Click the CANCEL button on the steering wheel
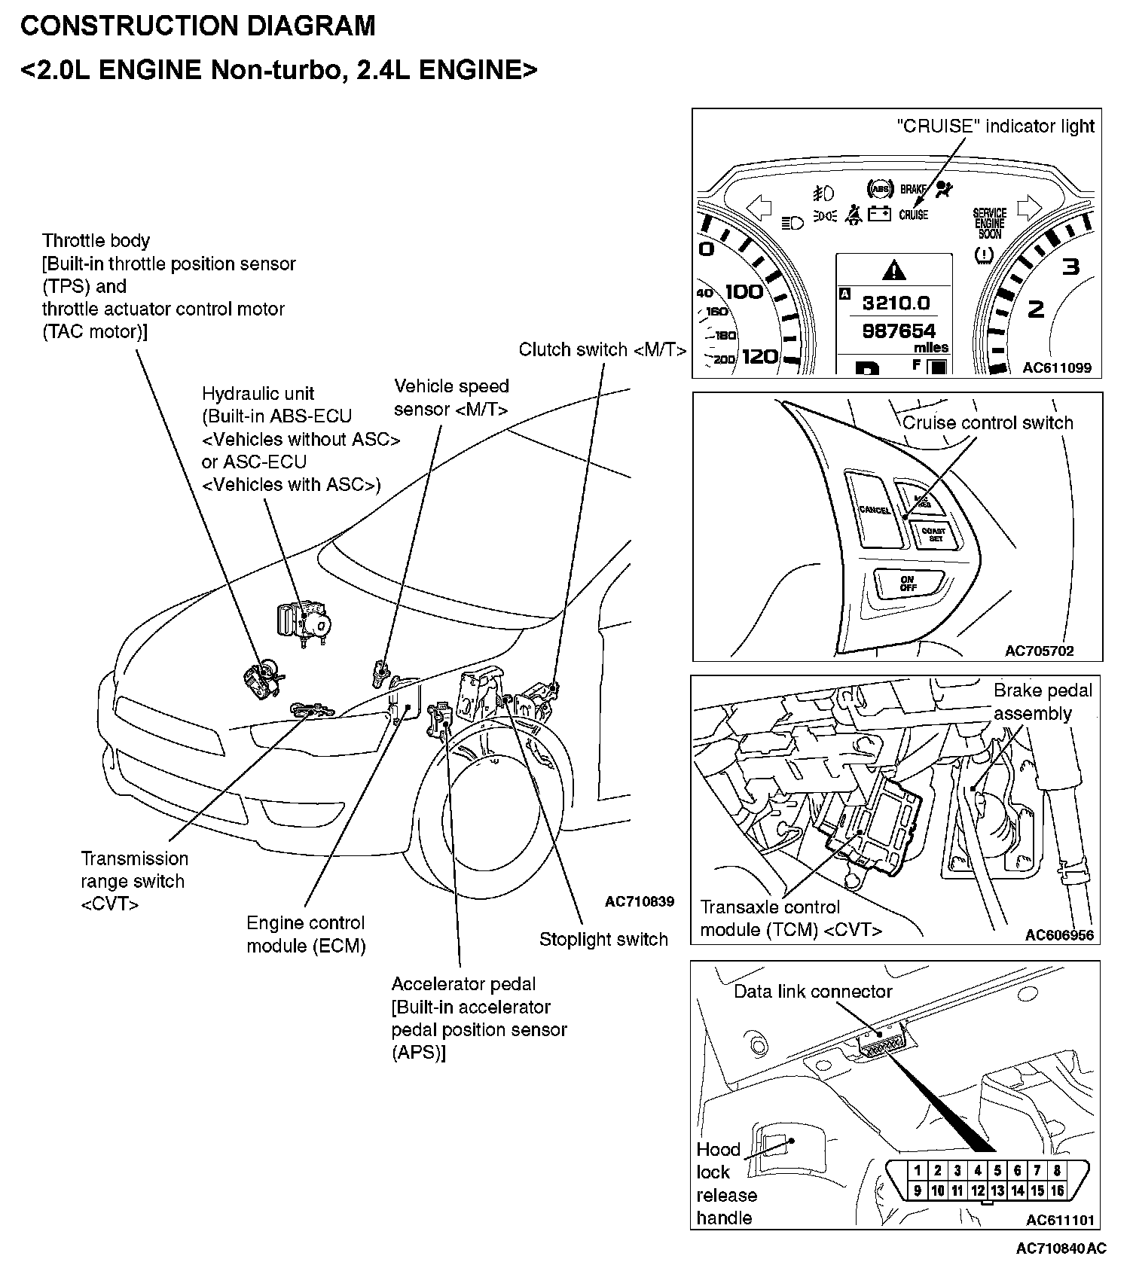tap(874, 510)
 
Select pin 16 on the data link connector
tap(1057, 1190)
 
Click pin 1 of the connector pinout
tap(918, 1170)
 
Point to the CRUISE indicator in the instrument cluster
tap(913, 215)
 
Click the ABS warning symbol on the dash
tap(880, 188)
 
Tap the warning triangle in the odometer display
tap(893, 269)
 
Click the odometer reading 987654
tap(898, 331)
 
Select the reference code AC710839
tap(639, 901)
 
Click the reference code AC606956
tap(1059, 934)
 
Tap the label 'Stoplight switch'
tap(603, 940)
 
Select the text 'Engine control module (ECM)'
tap(306, 934)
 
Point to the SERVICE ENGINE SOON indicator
tap(989, 224)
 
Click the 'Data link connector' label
tap(813, 992)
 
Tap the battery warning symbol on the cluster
tap(879, 215)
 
